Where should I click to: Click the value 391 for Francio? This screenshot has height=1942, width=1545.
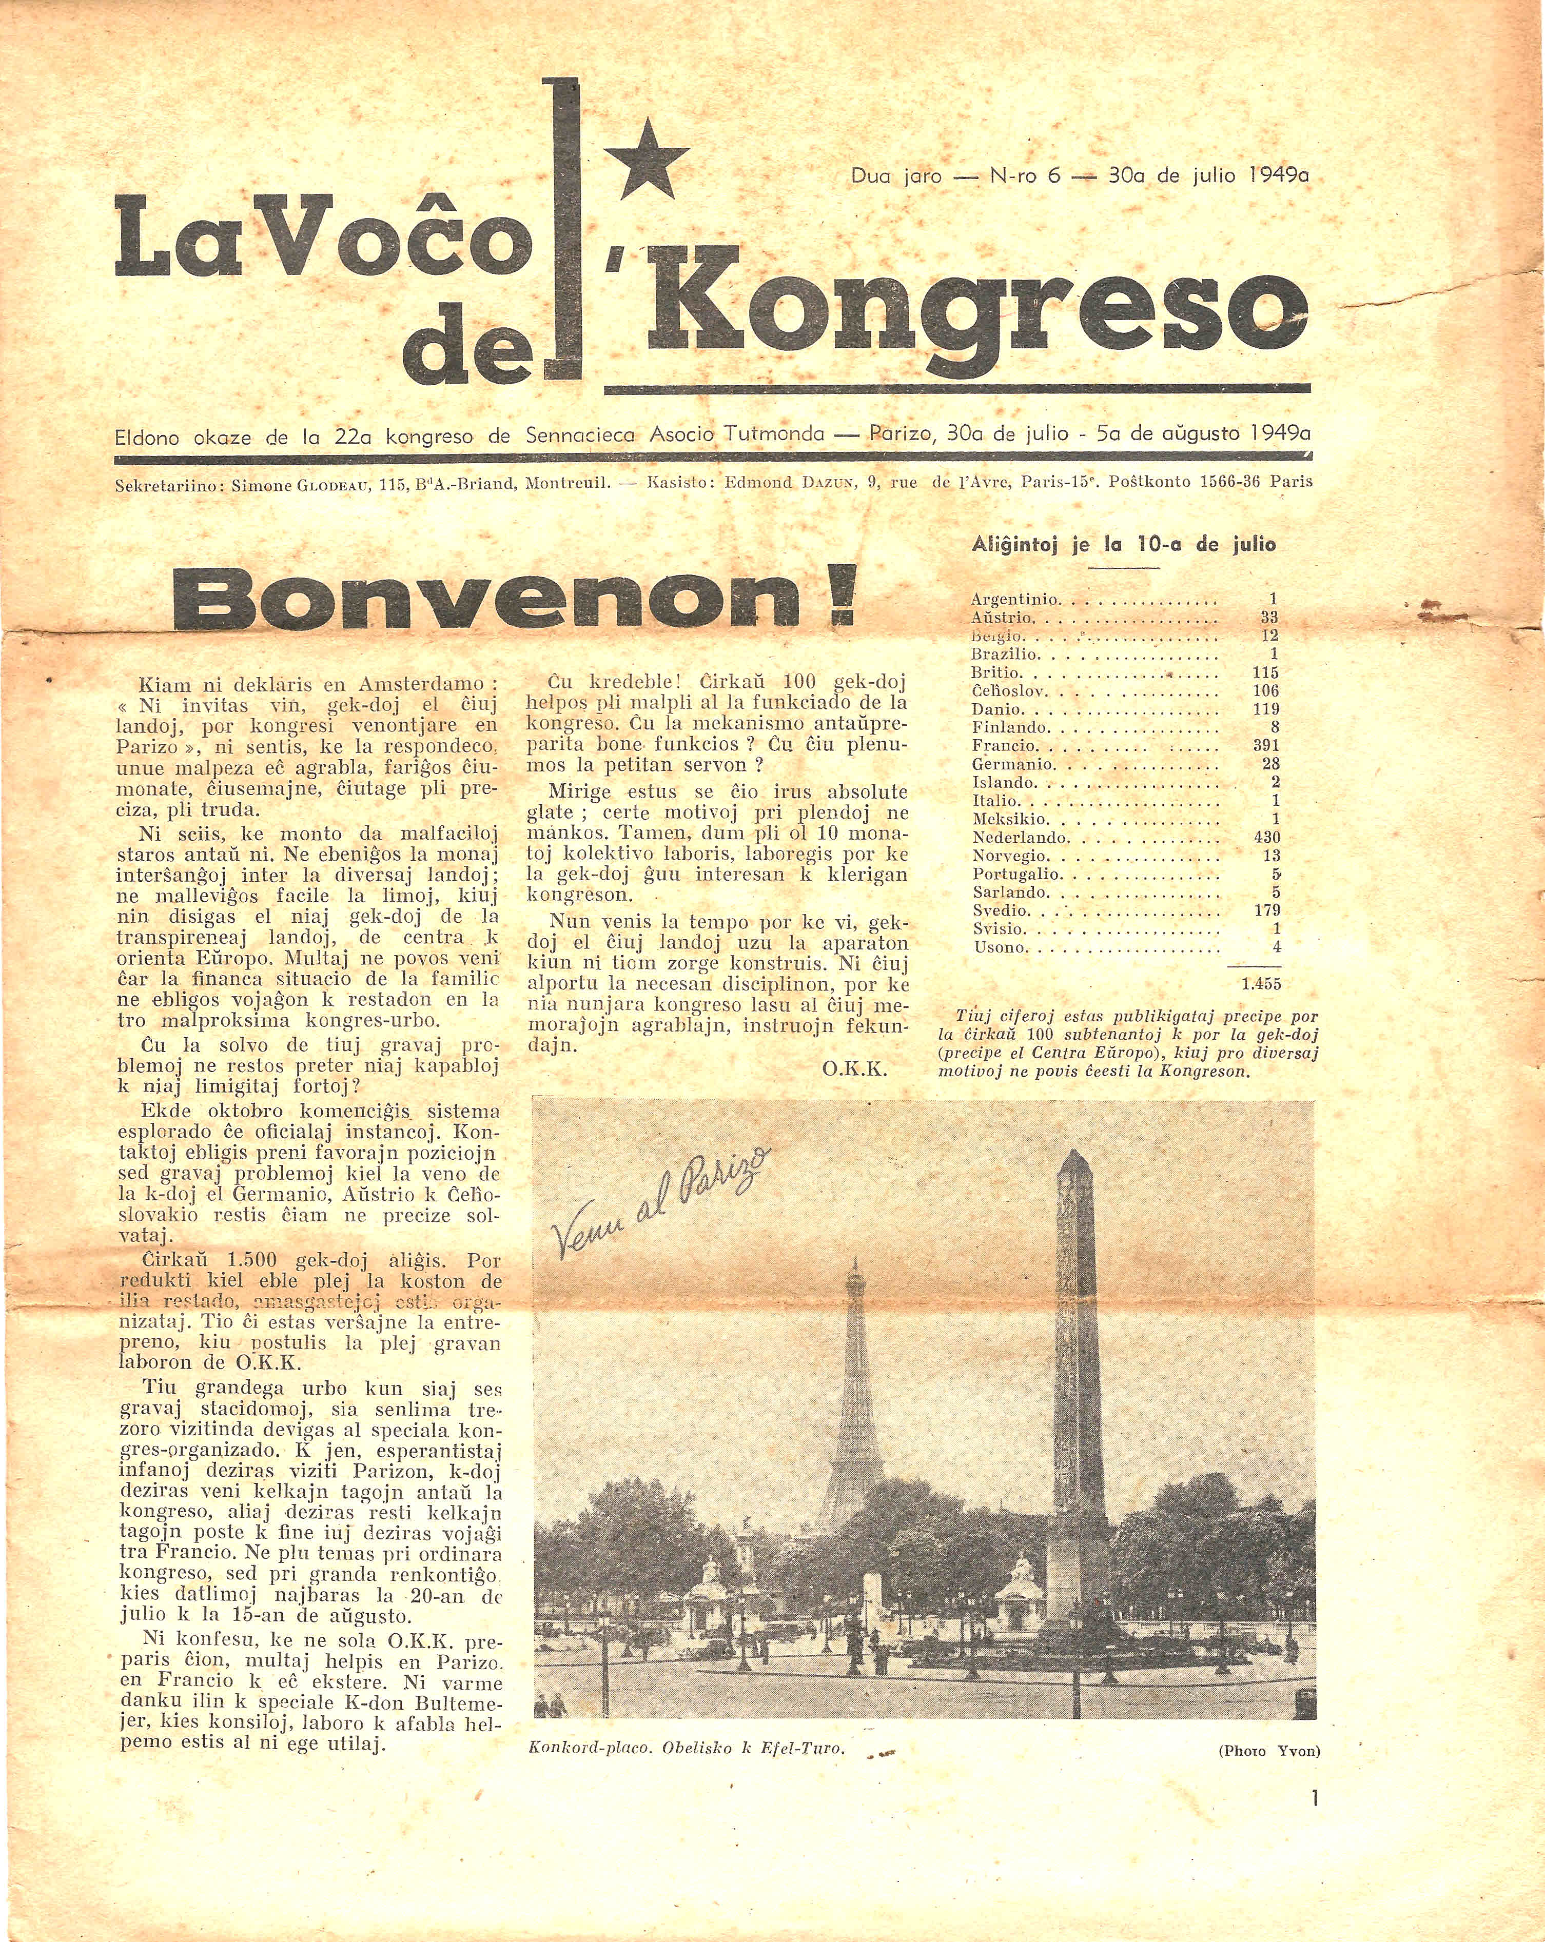click(x=1266, y=746)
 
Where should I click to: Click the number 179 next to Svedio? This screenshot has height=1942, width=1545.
click(x=1266, y=910)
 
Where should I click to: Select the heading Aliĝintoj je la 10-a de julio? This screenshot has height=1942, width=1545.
click(x=1123, y=544)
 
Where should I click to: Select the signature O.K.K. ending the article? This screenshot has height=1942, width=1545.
click(x=855, y=1069)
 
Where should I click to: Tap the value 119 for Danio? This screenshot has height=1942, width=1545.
click(x=1266, y=709)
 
